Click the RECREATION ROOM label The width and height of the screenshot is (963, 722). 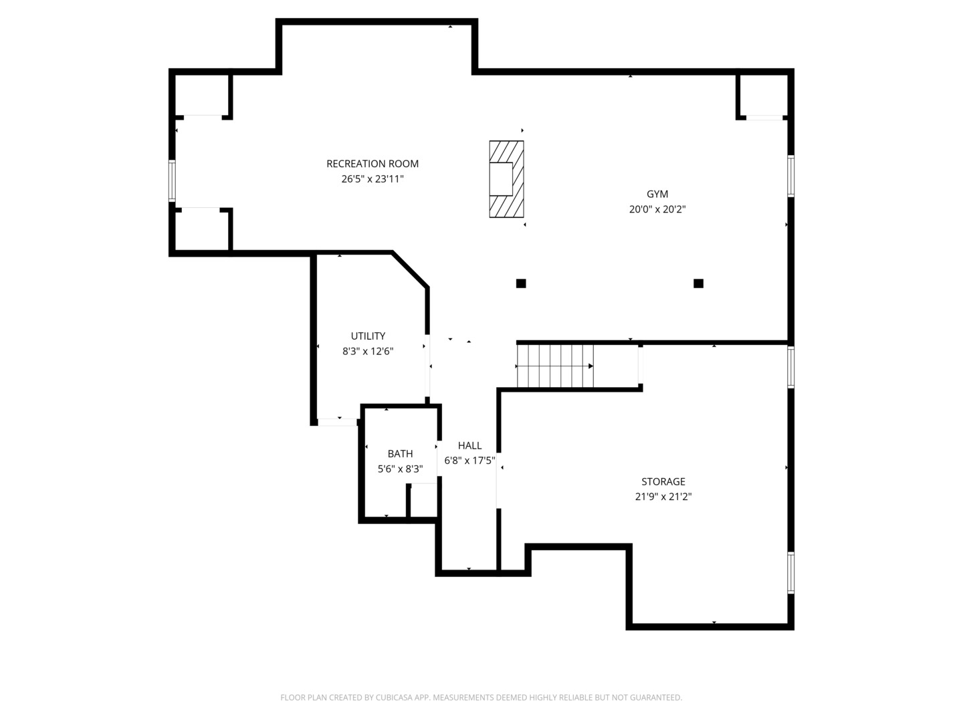(x=372, y=164)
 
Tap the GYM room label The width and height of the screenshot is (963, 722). (x=657, y=194)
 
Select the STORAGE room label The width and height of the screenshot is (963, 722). (x=663, y=481)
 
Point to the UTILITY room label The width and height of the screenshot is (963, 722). (x=368, y=336)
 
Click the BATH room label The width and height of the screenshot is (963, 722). (x=400, y=454)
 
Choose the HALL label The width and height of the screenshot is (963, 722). (x=469, y=446)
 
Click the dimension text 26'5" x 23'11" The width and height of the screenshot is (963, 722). (x=372, y=179)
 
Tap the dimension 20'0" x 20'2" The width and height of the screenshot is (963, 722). (x=657, y=209)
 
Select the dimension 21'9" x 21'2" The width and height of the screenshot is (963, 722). (x=663, y=497)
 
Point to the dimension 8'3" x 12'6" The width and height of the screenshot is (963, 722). (x=368, y=352)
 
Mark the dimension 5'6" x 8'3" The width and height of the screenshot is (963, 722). (x=400, y=469)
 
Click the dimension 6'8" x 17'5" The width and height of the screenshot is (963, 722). (x=469, y=461)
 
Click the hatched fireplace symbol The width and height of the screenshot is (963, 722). (x=506, y=179)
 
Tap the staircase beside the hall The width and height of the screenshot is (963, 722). (x=555, y=366)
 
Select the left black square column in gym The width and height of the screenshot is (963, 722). (x=521, y=283)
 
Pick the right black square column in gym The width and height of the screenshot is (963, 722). (x=698, y=283)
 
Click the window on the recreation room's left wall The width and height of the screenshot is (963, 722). (x=172, y=180)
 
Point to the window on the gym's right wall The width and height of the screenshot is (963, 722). (x=790, y=176)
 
